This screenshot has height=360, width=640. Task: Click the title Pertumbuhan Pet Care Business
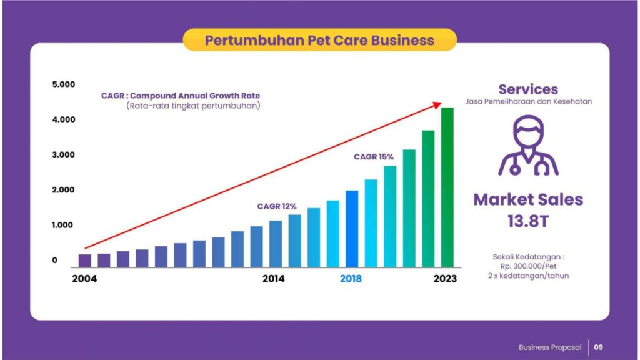point(319,40)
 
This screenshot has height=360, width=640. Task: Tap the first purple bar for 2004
point(85,259)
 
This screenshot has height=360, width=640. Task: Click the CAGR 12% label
point(277,206)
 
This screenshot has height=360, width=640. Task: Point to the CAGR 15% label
point(374,157)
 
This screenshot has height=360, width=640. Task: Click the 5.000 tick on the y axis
point(64,84)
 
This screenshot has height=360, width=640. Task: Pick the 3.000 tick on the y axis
point(64,155)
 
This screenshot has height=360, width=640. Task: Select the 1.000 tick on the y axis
point(64,225)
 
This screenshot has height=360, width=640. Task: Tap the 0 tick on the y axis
point(55,261)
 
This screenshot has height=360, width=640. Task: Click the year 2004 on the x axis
point(84,279)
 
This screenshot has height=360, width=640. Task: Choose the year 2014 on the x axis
point(273,279)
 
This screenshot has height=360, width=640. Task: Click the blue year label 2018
point(351,279)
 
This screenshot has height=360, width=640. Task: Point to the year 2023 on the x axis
point(445,279)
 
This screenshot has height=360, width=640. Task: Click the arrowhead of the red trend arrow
point(439,104)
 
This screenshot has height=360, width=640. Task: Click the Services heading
point(528,89)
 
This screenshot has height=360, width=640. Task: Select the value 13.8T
point(528,221)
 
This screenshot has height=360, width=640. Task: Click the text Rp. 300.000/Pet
point(528,265)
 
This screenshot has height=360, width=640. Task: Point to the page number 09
point(599,347)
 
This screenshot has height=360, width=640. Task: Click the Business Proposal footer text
point(550,347)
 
